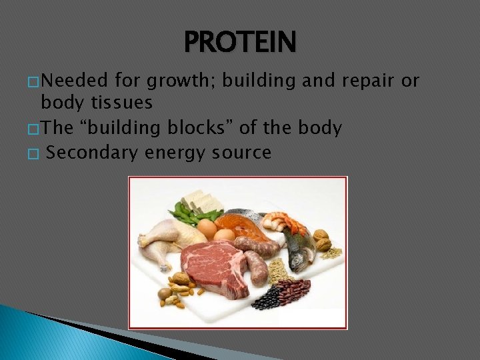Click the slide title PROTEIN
click(240, 42)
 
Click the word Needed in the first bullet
click(74, 81)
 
